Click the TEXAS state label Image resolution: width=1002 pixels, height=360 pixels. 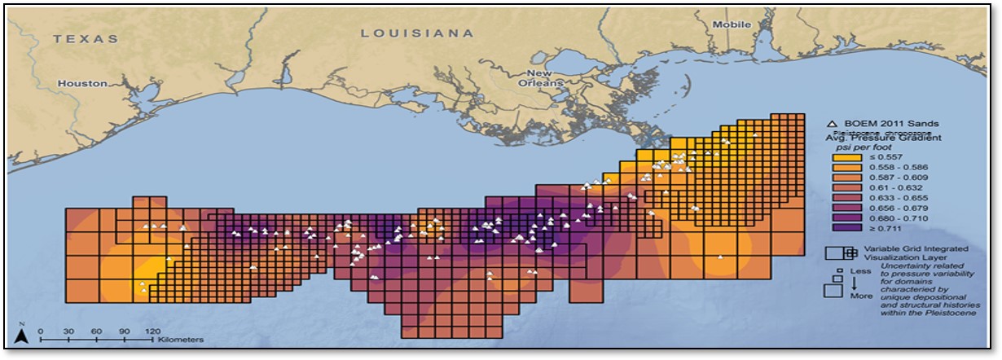(x=86, y=38)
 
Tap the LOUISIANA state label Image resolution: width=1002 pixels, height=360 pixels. (x=416, y=33)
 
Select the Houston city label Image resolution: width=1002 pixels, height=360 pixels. (x=82, y=83)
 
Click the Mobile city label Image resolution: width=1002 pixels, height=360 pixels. (x=732, y=24)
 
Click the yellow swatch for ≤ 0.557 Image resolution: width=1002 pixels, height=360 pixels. (x=842, y=156)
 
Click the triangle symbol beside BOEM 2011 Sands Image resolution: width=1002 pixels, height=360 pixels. (x=833, y=124)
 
